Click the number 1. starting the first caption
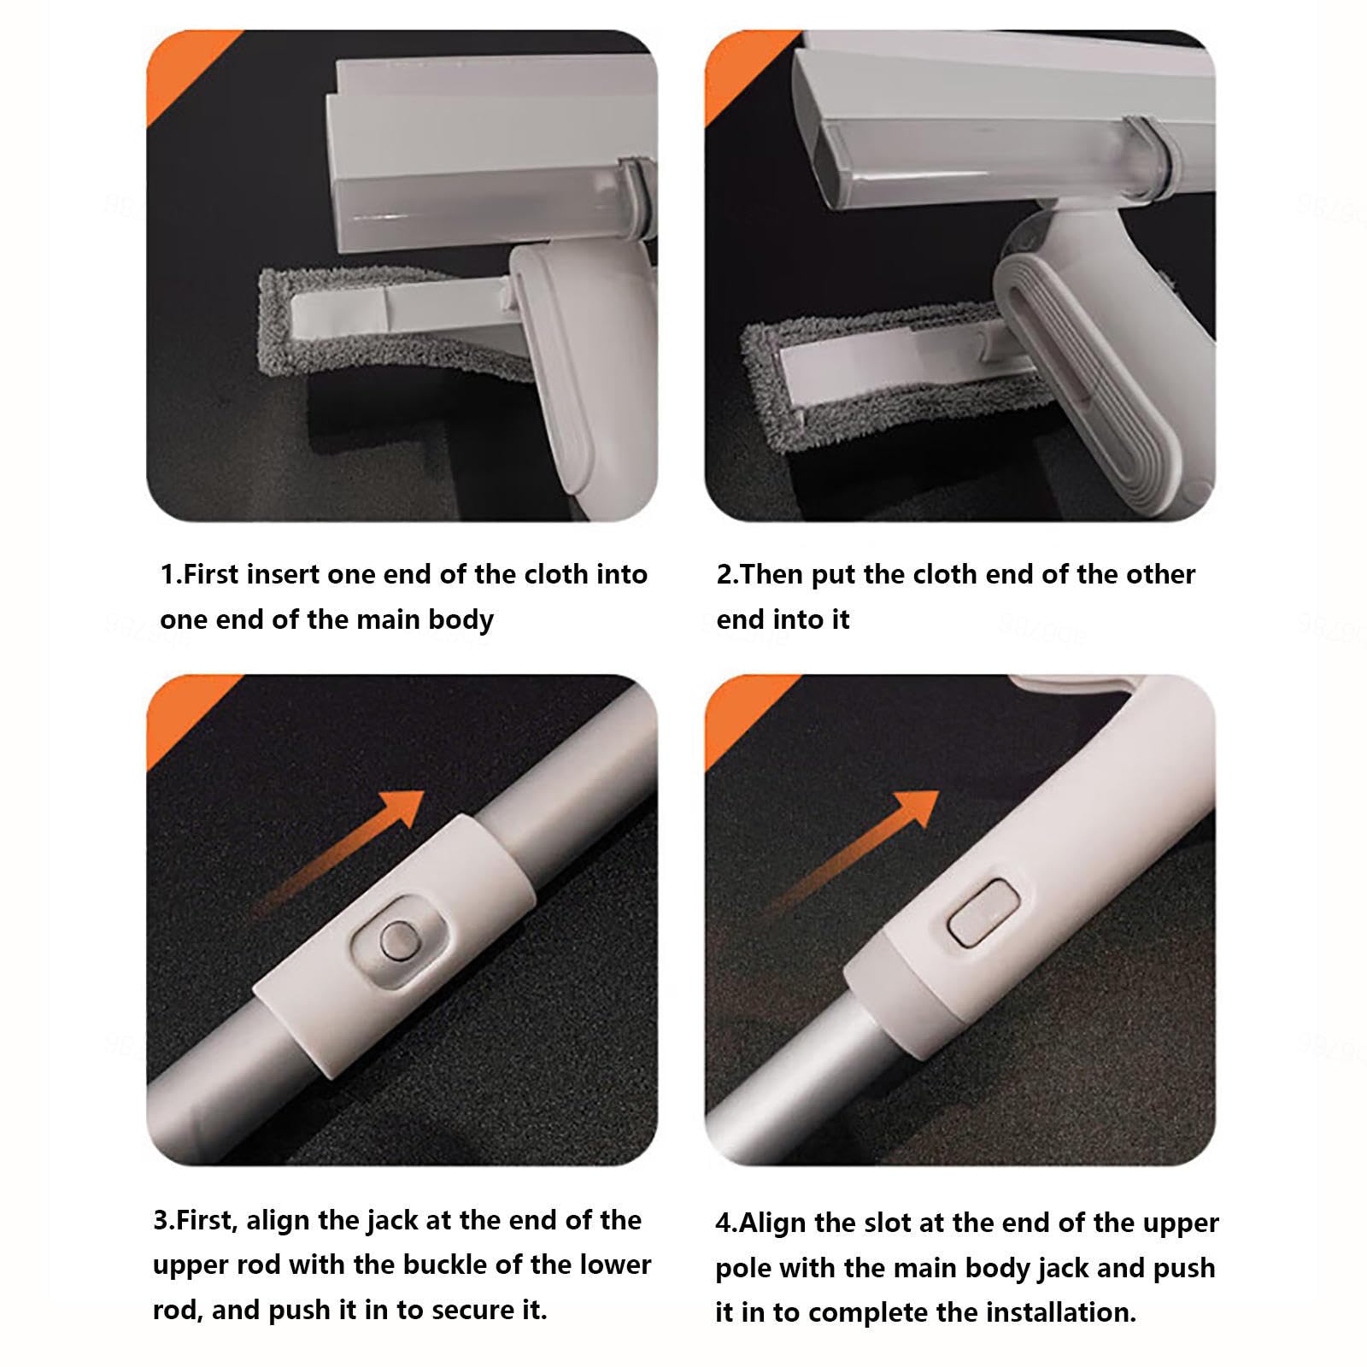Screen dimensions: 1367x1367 171,573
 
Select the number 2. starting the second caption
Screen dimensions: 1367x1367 728,573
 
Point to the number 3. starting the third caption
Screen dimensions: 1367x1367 164,1219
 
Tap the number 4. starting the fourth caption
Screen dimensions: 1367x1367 727,1223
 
